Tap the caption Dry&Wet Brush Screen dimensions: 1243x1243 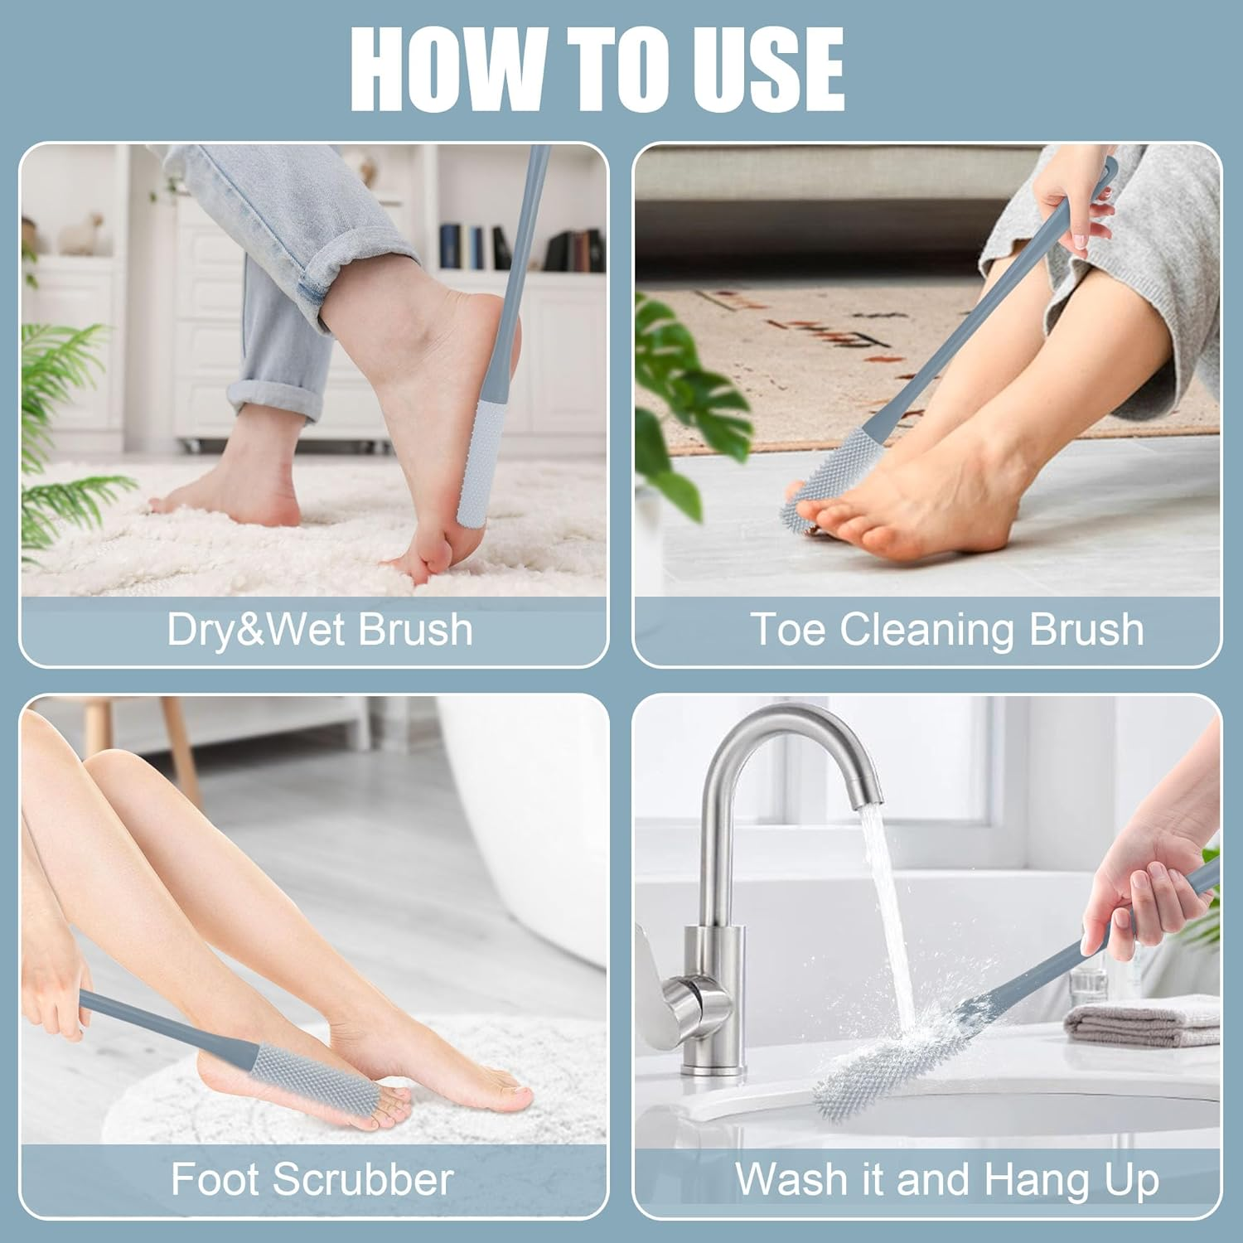tap(320, 629)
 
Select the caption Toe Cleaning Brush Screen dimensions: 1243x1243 tap(946, 629)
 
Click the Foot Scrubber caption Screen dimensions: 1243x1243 tap(312, 1178)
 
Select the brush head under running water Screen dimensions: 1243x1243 tap(878, 1069)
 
